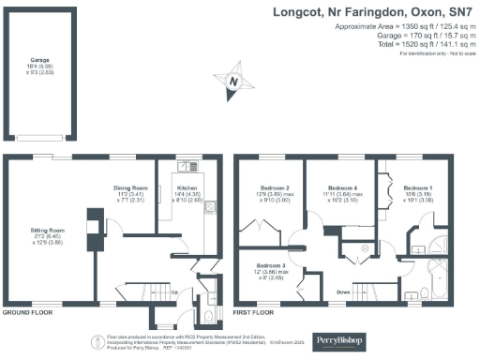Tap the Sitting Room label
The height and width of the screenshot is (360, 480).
coord(44,231)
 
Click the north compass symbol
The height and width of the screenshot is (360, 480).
coord(233,82)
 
